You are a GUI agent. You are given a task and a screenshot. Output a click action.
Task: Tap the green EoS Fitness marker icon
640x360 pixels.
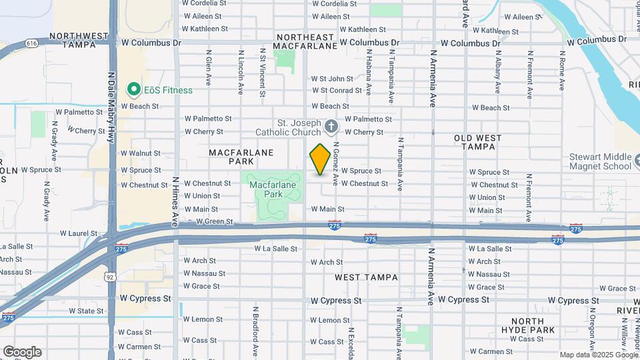[133, 89]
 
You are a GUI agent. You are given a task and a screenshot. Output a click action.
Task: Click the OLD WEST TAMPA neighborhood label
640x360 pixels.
[487, 142]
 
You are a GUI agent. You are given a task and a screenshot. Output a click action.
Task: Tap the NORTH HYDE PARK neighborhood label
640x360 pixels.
[533, 325]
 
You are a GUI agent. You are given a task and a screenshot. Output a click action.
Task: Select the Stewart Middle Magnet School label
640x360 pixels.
[600, 161]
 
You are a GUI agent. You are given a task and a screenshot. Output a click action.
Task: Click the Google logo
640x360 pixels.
[22, 351]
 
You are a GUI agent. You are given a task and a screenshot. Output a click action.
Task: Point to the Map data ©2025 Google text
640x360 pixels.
[598, 355]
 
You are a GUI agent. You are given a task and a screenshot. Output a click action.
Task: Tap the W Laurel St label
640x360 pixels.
[79, 233]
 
